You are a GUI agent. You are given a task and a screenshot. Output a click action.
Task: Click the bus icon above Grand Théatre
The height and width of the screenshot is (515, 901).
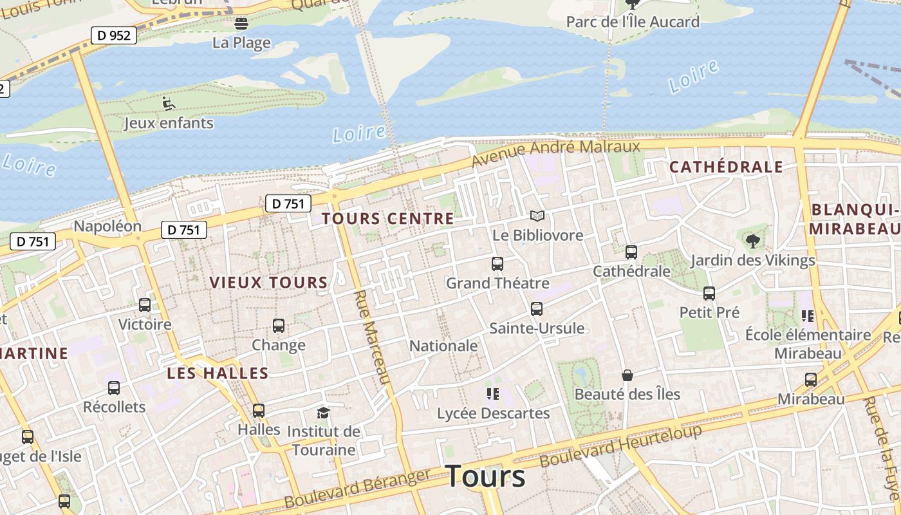[x=497, y=264]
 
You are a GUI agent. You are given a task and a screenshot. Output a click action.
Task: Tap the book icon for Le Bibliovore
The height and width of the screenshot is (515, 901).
[x=537, y=216]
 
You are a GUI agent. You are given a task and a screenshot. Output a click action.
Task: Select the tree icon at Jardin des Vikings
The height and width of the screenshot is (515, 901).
[x=752, y=242]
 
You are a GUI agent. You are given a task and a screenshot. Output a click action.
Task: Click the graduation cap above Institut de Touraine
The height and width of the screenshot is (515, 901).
[x=323, y=413]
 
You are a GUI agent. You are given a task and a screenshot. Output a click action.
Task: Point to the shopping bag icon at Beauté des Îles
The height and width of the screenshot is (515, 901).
[x=627, y=375]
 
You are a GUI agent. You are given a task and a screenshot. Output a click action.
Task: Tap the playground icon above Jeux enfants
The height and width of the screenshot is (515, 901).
[x=168, y=103]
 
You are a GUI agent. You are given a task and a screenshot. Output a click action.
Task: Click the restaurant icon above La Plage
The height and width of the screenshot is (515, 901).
[x=241, y=24]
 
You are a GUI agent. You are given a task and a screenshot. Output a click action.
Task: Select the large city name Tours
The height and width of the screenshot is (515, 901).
[x=485, y=476]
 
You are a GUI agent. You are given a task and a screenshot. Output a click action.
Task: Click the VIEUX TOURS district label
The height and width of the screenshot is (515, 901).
[x=269, y=283]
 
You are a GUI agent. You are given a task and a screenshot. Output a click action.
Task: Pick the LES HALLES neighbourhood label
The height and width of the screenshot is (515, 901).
[x=218, y=373]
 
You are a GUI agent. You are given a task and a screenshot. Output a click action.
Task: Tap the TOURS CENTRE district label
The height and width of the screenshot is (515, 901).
[x=388, y=219]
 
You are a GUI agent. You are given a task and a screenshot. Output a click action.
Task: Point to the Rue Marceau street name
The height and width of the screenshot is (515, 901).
[x=373, y=337]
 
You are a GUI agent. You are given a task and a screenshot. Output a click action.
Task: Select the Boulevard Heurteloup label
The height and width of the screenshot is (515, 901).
[x=620, y=446]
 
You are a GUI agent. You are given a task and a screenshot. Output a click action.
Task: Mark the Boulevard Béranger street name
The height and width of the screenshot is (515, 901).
[x=357, y=489]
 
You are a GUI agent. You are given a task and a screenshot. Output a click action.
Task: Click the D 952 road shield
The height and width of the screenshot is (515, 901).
[x=115, y=35]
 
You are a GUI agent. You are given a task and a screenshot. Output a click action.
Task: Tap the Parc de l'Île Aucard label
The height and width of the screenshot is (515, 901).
[x=633, y=22]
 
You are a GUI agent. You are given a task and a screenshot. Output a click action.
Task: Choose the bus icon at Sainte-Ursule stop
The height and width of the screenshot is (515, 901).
[x=537, y=309]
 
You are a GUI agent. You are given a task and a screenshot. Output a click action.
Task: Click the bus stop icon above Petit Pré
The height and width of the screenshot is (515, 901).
[x=709, y=294]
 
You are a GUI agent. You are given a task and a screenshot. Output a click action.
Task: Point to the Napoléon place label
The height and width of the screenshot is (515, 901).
[x=107, y=227]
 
